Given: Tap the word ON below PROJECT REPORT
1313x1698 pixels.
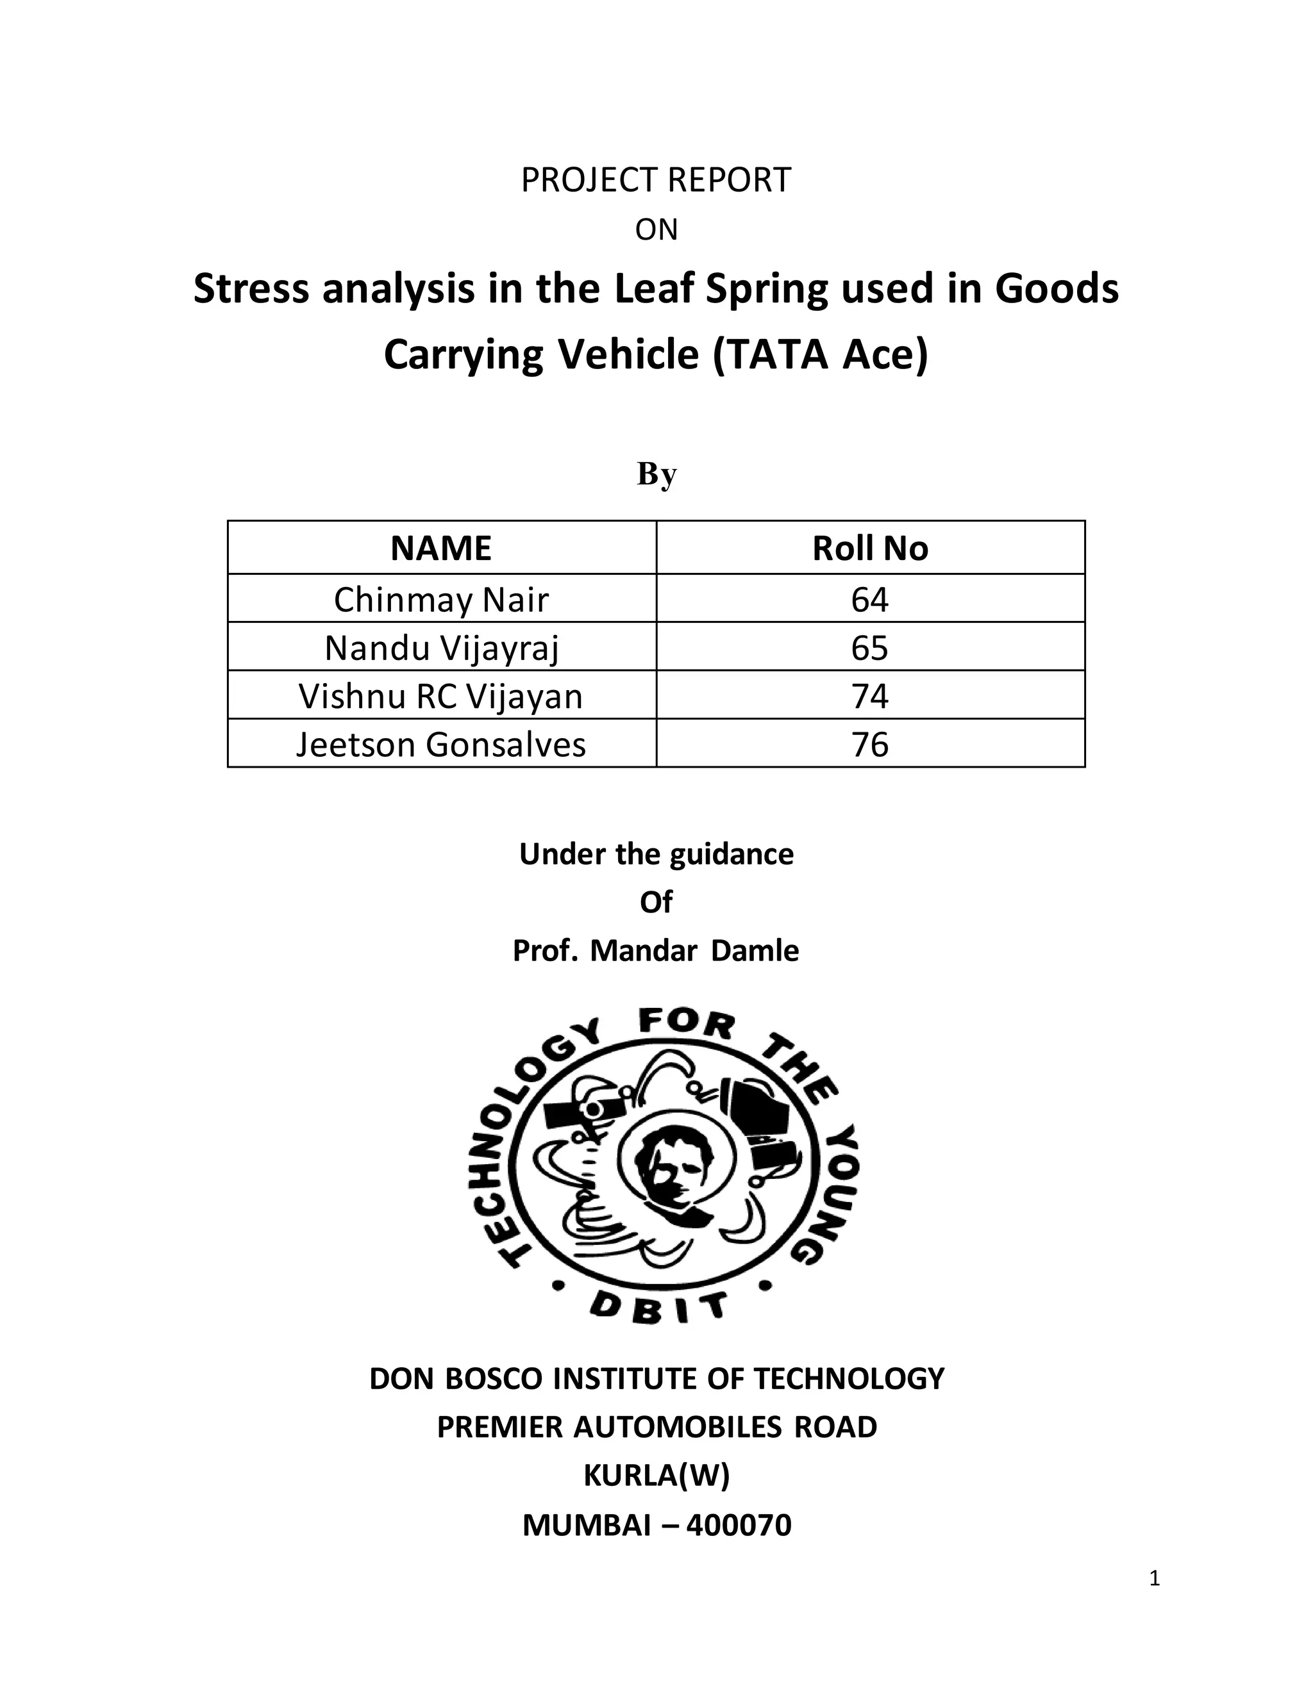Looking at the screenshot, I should (x=656, y=230).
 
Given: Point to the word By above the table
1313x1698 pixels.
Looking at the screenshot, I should (x=656, y=474).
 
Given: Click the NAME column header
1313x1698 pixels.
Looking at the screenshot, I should (x=441, y=548).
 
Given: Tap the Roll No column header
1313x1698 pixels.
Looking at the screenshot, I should (x=869, y=548).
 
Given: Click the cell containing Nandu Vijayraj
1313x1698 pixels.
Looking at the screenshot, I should (x=441, y=648).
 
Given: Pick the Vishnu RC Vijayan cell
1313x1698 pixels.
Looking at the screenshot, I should (x=441, y=696).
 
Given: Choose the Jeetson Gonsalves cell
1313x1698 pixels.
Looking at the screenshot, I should (x=441, y=744).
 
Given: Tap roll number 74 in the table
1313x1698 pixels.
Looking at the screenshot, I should (x=869, y=696).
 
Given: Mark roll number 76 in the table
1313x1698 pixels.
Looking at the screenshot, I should (x=869, y=744).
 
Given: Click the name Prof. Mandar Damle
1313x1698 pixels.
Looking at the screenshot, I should (x=656, y=951).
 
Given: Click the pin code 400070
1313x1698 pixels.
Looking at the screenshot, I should (x=739, y=1524).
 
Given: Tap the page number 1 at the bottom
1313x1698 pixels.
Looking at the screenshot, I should (x=1154, y=1578).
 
